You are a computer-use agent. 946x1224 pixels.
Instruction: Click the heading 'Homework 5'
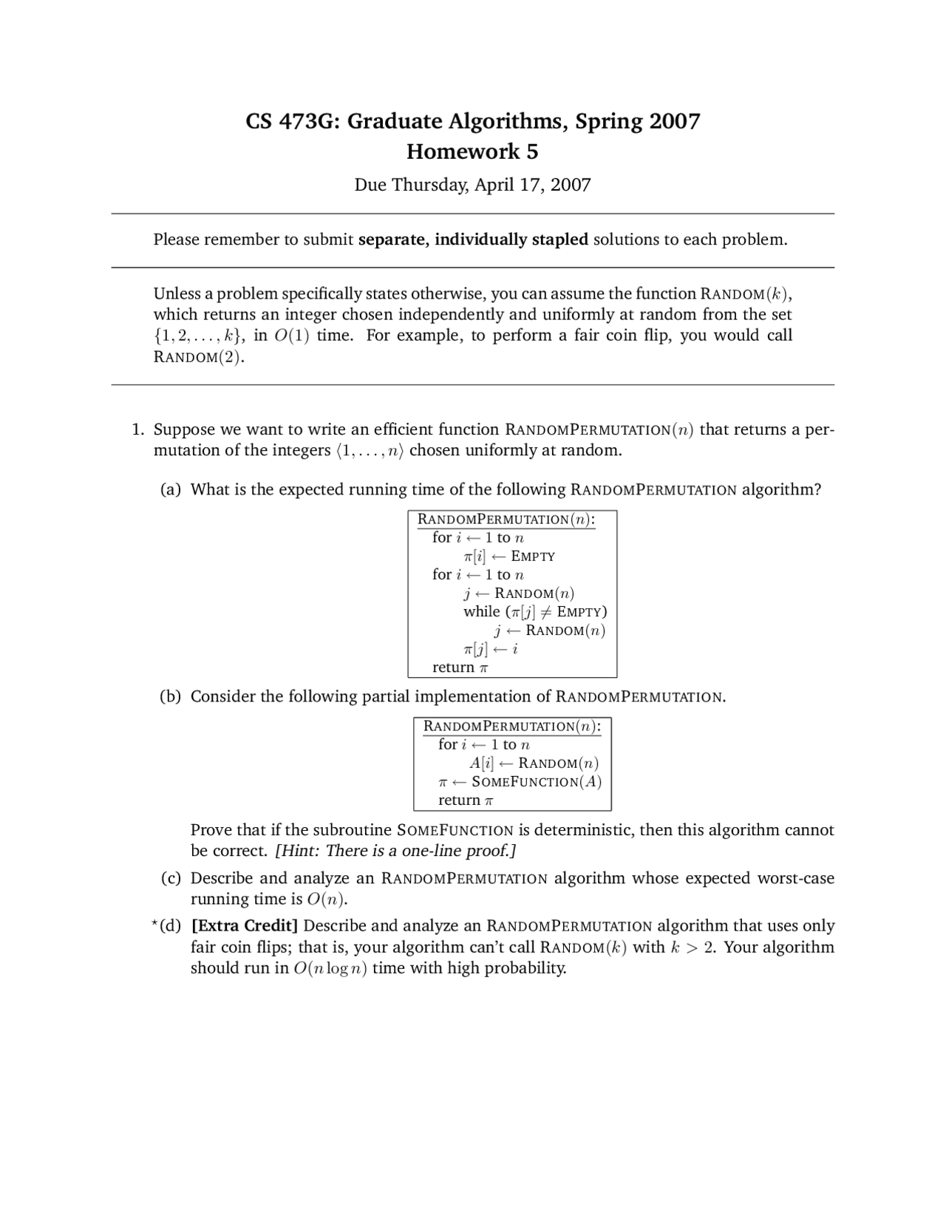tap(472, 152)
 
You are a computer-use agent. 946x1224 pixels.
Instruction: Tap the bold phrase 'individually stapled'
tap(511, 239)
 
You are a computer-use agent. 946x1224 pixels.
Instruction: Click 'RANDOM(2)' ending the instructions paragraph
tap(198, 357)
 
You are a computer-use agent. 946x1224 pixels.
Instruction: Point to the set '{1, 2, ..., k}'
tap(199, 336)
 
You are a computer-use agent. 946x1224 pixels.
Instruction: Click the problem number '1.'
tap(137, 429)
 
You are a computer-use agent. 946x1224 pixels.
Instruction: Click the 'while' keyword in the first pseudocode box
tap(481, 611)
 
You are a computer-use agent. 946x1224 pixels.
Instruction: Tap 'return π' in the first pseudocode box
tap(460, 667)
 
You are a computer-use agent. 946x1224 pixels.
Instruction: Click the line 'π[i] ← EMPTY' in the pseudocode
tap(508, 556)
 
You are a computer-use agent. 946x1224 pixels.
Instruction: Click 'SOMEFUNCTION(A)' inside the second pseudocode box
tap(536, 782)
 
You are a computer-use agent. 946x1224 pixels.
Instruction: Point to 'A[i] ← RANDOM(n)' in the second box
tap(534, 763)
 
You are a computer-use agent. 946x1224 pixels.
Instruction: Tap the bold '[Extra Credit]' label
tap(245, 926)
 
